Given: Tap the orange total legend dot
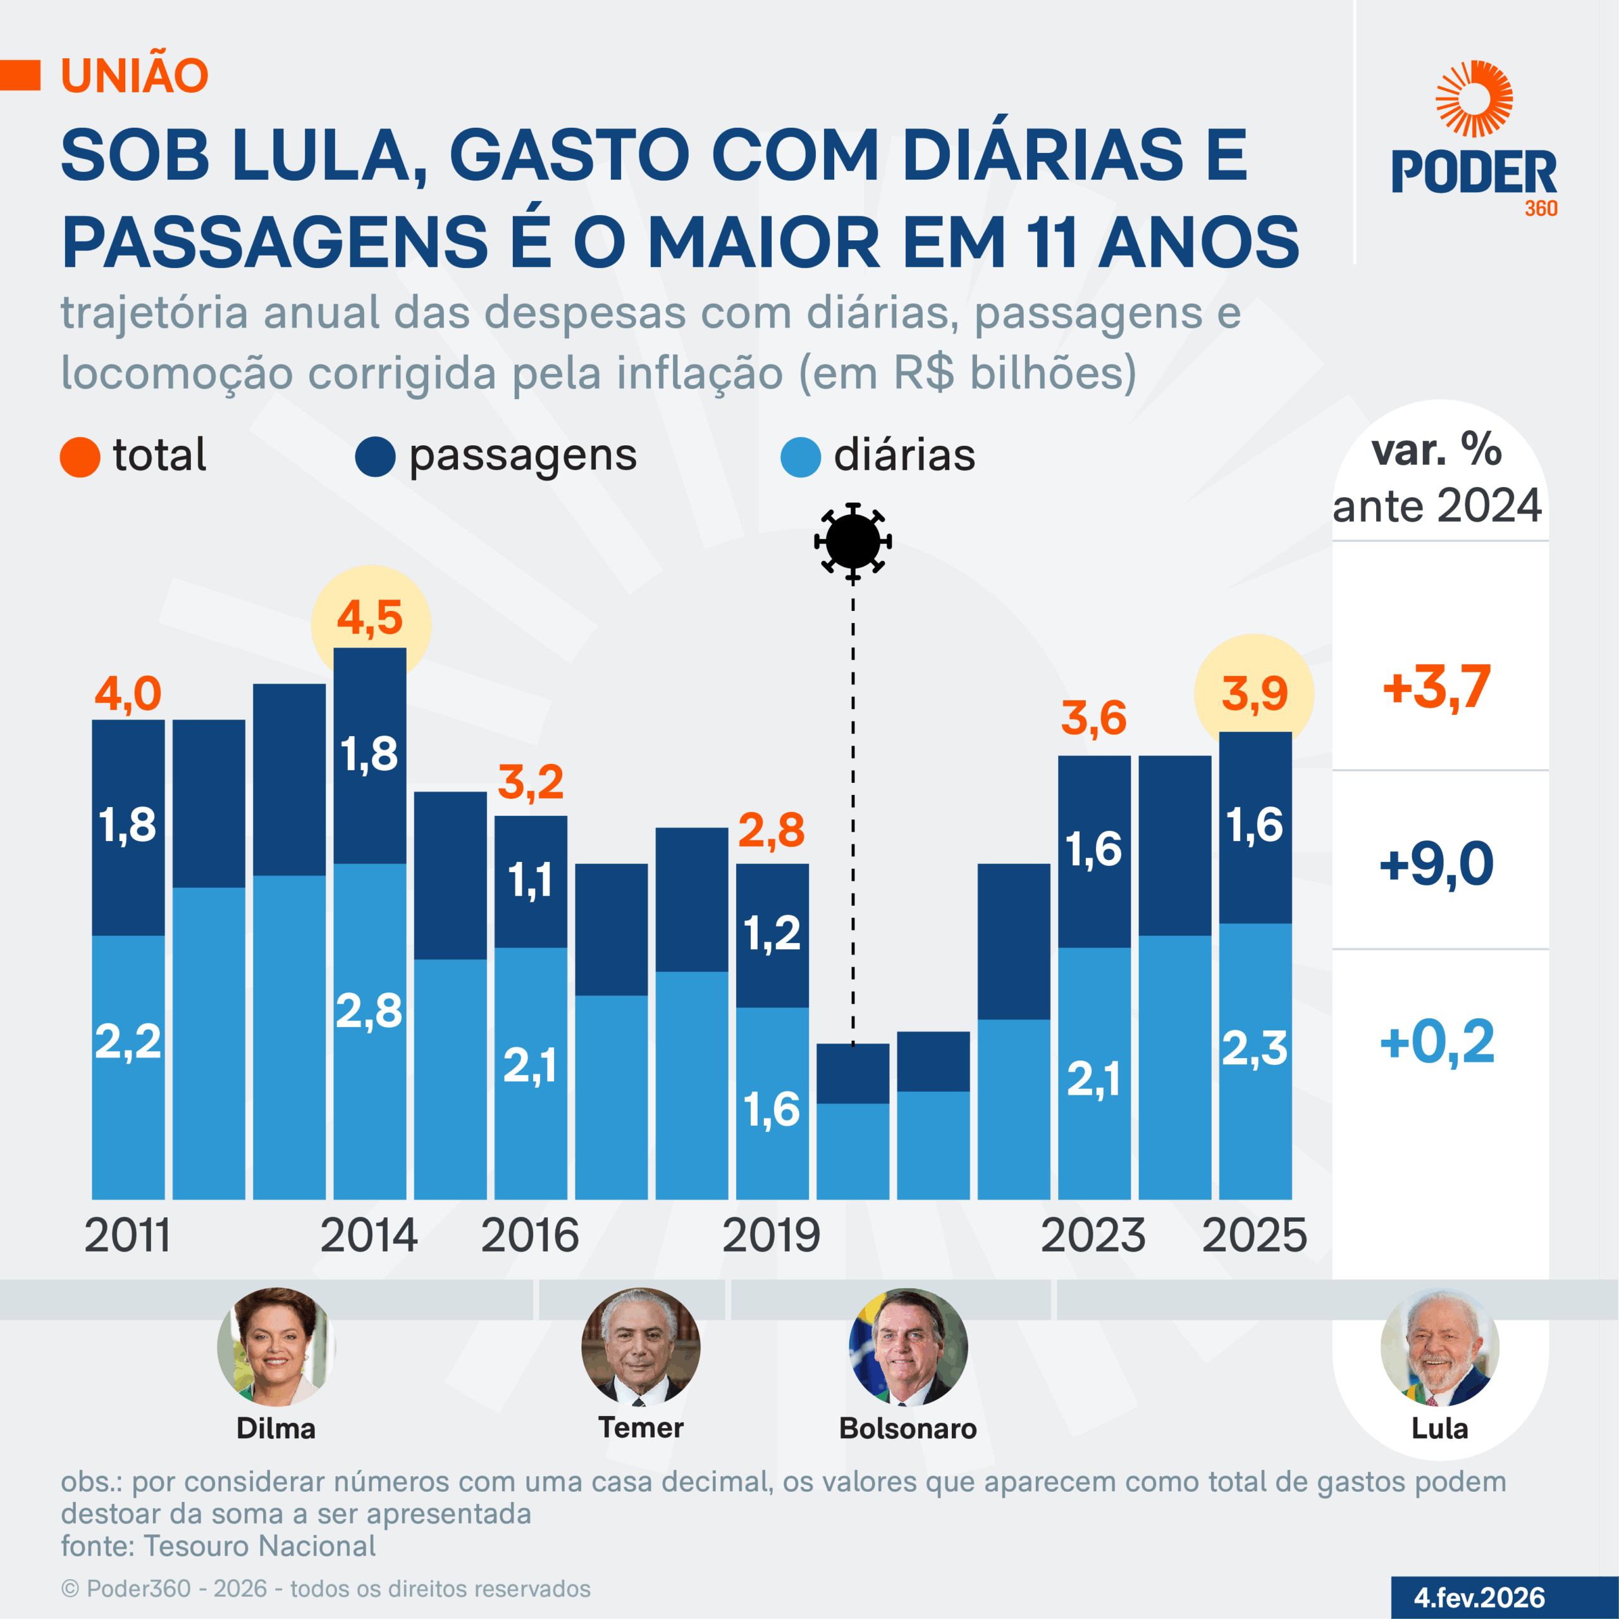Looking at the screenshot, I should pos(80,457).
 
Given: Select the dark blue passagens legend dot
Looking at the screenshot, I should pos(374,457).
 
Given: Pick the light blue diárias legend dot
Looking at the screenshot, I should pos(800,457).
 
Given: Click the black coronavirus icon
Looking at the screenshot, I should pos(853,541).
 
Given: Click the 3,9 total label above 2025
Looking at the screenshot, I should pos(1253,694).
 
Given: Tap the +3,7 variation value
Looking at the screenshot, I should pos(1436,687).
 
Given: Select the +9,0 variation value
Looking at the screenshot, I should pos(1436,864).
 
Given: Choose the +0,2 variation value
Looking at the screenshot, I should pos(1436,1042).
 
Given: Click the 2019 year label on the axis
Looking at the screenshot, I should pos(771,1236).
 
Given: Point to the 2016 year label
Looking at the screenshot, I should pos(529,1236).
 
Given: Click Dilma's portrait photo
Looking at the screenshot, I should pos(276,1346).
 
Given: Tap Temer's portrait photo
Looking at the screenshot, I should pos(640,1346).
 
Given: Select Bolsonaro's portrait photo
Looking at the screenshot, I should pos(908,1346).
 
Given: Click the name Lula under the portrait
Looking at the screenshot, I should pos(1439,1428).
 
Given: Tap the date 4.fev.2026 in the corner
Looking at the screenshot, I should pos(1480,1597).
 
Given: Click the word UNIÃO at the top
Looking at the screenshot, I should pos(134,75).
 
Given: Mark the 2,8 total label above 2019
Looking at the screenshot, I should pos(771,830).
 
